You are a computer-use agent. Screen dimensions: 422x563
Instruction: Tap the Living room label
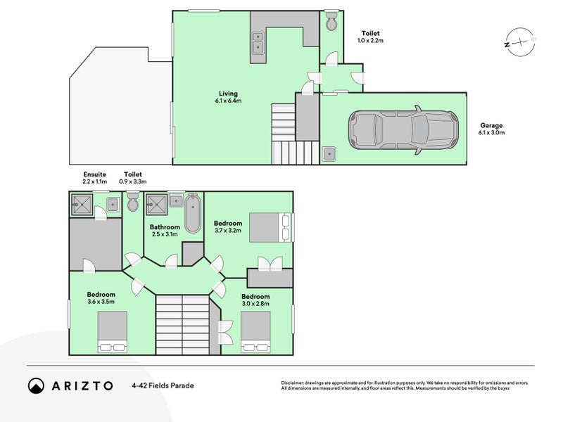pyautogui.click(x=228, y=97)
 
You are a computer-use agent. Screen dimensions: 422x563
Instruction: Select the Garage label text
pyautogui.click(x=491, y=129)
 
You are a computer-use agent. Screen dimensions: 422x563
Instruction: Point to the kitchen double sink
pyautogui.click(x=258, y=43)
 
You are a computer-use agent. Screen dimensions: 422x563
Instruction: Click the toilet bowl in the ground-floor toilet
pyautogui.click(x=331, y=23)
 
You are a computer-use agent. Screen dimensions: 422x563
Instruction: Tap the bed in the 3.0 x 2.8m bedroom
pyautogui.click(x=256, y=332)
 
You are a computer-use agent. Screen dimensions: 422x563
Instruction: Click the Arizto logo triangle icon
pyautogui.click(x=36, y=385)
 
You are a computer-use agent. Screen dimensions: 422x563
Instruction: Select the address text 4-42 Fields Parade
pyautogui.click(x=162, y=385)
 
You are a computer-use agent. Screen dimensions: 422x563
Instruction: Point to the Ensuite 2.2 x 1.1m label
pyautogui.click(x=94, y=177)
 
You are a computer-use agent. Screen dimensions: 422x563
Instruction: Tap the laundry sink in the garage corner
pyautogui.click(x=329, y=153)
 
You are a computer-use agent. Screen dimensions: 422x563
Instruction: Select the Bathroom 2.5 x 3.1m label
pyautogui.click(x=165, y=231)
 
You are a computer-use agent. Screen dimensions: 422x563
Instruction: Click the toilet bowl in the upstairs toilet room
pyautogui.click(x=133, y=205)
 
